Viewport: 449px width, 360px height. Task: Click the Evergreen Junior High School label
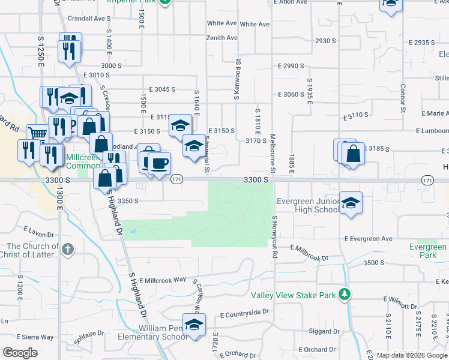(x=307, y=205)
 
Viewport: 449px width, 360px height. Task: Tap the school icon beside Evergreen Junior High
(x=351, y=203)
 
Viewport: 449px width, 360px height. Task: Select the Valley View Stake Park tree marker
(x=345, y=294)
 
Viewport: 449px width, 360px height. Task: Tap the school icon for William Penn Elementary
(x=194, y=325)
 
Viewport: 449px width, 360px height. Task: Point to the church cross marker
(x=68, y=248)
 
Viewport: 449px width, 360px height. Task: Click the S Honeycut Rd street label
(x=275, y=237)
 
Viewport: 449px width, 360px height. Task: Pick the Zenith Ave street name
(x=222, y=38)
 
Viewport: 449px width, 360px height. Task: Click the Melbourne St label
(x=272, y=154)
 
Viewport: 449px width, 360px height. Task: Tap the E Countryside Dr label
(x=245, y=313)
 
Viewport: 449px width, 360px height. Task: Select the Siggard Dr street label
(x=323, y=331)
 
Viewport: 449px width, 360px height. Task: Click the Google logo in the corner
(x=20, y=353)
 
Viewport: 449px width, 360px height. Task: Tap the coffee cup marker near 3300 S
(x=159, y=163)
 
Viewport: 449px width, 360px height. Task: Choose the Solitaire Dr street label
(x=86, y=333)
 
